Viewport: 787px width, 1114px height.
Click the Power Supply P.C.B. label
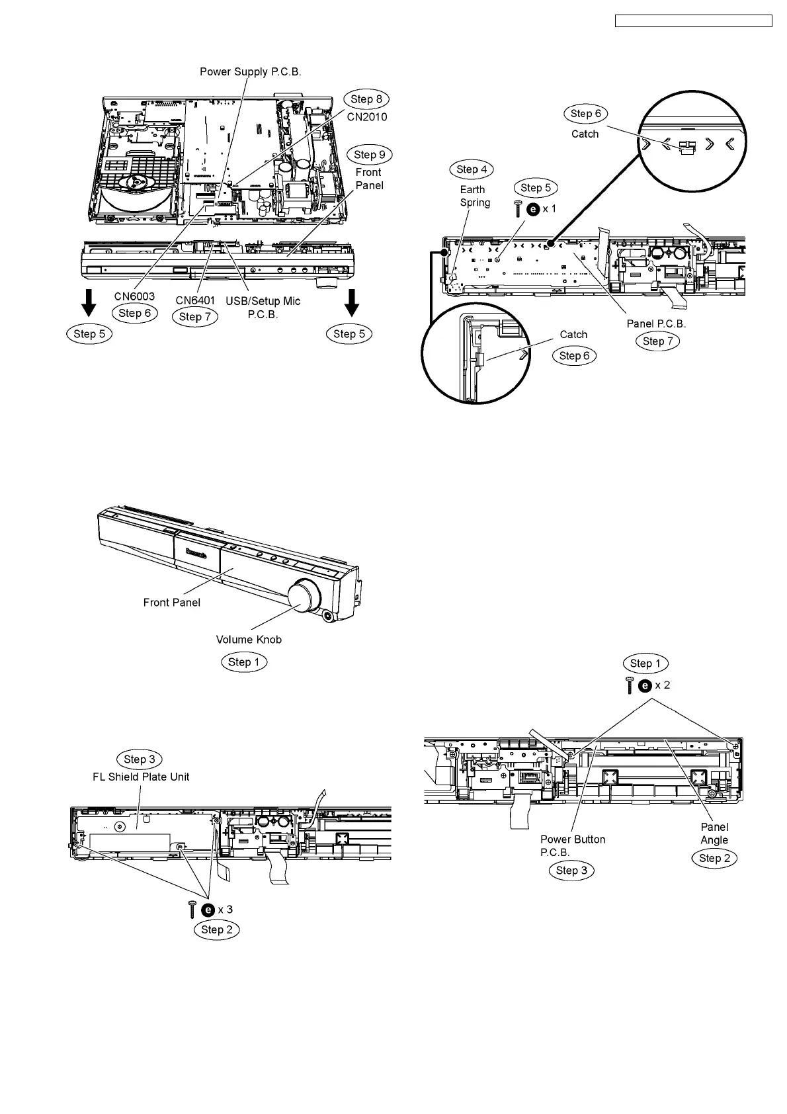tap(251, 71)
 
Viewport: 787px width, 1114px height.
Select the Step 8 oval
tap(366, 99)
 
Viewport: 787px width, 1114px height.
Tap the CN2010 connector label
tap(367, 117)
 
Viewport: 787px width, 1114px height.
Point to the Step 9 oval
tap(370, 155)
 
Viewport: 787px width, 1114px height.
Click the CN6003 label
tap(134, 296)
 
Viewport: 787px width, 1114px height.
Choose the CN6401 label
tap(195, 300)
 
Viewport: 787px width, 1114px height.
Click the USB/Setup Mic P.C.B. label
tap(263, 308)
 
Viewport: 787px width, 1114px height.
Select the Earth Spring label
tap(475, 196)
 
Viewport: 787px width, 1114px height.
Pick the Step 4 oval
tap(472, 169)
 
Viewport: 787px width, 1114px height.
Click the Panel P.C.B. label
tap(656, 323)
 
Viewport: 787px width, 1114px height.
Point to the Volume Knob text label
tap(249, 639)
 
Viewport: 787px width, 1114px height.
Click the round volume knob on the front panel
tap(305, 592)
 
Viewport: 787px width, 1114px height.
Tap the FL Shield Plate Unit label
tap(141, 777)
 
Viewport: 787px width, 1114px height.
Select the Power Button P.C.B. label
tap(573, 845)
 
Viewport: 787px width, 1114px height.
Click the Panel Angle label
tap(714, 834)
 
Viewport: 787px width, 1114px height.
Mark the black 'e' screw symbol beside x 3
tap(208, 910)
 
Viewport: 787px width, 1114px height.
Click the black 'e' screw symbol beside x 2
tap(645, 685)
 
